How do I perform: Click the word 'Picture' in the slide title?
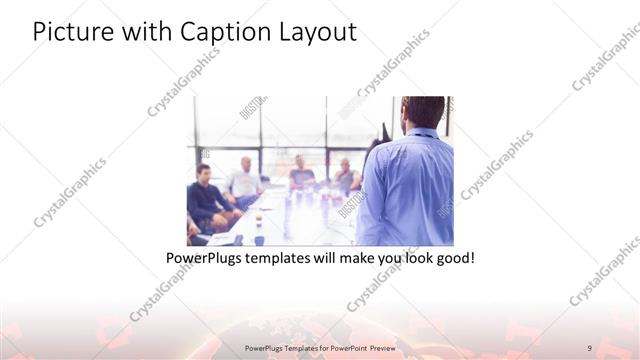(x=73, y=32)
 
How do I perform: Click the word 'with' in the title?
(x=147, y=32)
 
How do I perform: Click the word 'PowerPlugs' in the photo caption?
(x=207, y=258)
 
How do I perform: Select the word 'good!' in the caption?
(x=452, y=258)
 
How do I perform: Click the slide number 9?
(x=590, y=346)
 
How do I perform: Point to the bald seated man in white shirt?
(x=244, y=180)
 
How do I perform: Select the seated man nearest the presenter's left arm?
(x=346, y=178)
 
